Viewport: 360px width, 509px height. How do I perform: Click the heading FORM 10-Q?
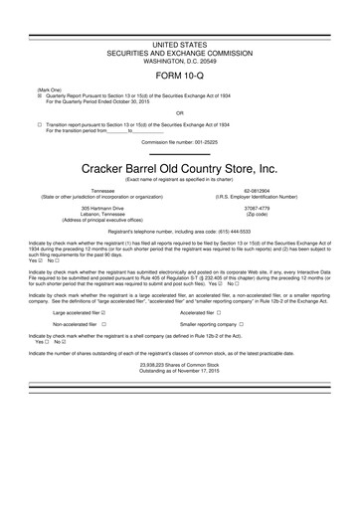179,75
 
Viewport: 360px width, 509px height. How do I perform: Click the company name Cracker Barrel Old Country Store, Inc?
179,169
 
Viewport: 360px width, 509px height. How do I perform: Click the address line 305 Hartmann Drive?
102,208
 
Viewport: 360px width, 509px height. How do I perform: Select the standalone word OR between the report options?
179,112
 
